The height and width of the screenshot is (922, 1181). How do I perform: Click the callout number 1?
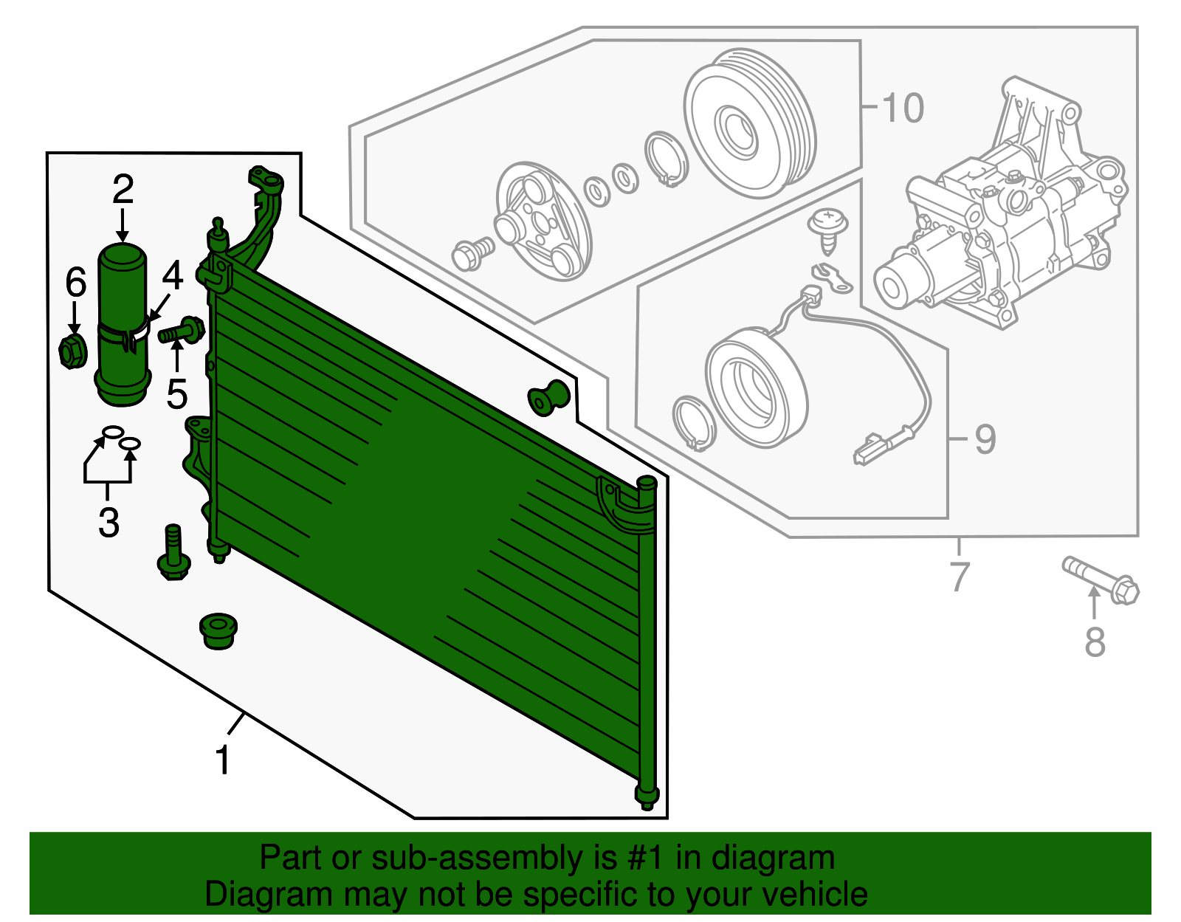pos(223,760)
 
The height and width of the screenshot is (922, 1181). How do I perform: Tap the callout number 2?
pos(123,189)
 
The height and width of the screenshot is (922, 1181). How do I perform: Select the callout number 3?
pos(109,523)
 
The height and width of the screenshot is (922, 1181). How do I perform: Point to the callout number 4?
pos(172,275)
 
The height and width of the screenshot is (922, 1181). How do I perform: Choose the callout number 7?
pos(960,577)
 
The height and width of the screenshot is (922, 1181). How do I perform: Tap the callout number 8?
pos(1095,641)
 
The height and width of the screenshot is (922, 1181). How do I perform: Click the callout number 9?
pos(985,439)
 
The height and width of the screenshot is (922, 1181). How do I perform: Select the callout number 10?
pos(903,108)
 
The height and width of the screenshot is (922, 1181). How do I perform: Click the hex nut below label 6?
pos(72,351)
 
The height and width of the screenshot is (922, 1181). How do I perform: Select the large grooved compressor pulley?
pos(750,123)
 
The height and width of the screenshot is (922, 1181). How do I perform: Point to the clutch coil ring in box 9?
pos(757,390)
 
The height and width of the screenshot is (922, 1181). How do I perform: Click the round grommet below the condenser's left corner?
pos(218,631)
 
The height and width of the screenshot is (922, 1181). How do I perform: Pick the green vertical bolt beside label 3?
pos(173,552)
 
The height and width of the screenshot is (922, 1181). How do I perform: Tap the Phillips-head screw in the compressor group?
pos(828,232)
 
